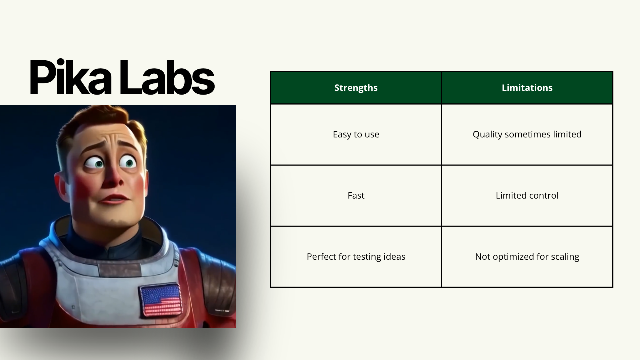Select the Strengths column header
pyautogui.click(x=356, y=87)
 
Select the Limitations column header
pyautogui.click(x=527, y=87)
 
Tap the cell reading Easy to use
pyautogui.click(x=356, y=134)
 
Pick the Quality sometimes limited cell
pyautogui.click(x=527, y=134)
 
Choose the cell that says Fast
pyautogui.click(x=356, y=195)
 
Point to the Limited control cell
pyautogui.click(x=527, y=195)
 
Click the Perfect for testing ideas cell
pyautogui.click(x=356, y=257)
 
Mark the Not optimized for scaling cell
pyautogui.click(x=527, y=257)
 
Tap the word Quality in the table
pyautogui.click(x=487, y=135)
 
